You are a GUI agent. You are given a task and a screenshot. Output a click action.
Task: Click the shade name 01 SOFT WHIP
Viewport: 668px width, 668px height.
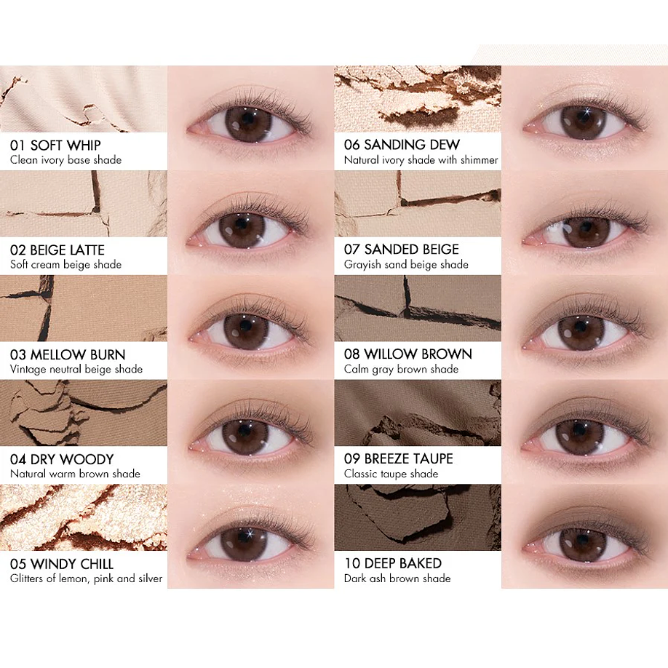55,145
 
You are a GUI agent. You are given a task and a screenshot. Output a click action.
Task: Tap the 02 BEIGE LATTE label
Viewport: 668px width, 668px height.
57,250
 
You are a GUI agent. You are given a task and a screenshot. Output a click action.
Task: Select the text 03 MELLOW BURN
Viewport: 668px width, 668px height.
68,354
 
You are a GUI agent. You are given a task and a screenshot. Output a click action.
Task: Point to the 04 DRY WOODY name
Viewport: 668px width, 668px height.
62,459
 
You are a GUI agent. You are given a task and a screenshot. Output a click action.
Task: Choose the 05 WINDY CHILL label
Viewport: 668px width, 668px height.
62,564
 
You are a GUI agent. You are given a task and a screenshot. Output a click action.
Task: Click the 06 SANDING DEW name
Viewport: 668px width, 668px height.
402,145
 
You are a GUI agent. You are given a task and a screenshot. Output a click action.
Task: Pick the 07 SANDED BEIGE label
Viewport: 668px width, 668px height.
401,250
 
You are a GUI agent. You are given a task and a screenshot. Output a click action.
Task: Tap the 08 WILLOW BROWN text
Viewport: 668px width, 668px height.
407,354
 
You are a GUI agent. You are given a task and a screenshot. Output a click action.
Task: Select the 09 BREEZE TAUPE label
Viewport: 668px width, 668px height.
398,458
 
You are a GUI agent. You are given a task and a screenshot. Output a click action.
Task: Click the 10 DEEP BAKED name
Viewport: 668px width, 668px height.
393,563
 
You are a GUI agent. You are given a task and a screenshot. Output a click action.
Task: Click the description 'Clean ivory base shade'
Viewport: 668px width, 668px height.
65,160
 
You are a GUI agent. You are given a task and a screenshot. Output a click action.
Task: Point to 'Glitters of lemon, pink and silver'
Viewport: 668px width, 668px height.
86,578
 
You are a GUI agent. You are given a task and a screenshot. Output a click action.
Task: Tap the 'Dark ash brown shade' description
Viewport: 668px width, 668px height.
397,578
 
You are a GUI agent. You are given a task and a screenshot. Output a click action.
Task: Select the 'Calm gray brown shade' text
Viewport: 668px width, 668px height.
401,369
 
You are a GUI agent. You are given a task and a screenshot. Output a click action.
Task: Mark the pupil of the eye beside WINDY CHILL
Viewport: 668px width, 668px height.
244,542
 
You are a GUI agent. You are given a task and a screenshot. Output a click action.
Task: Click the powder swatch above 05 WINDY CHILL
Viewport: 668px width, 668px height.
84,517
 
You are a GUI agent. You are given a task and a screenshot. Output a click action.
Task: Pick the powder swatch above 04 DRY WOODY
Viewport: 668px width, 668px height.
84,413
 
